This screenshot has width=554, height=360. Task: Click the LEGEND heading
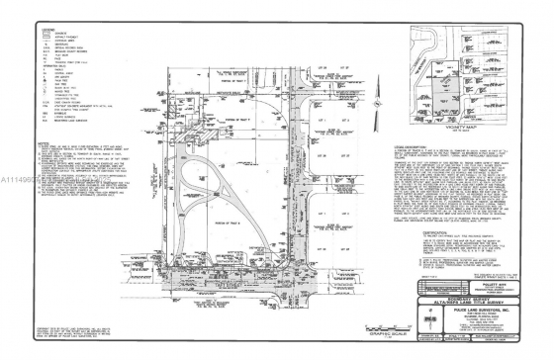coord(48,30)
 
